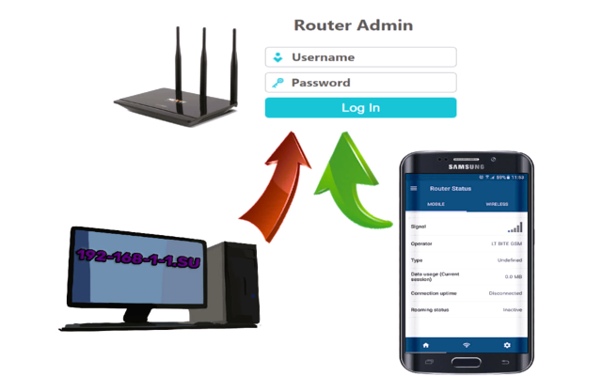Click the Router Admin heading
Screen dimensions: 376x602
pos(353,25)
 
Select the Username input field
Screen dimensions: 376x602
pos(361,57)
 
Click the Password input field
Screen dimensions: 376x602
pos(361,83)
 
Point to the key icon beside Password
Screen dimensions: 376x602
pos(277,83)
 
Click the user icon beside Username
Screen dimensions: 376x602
pos(277,57)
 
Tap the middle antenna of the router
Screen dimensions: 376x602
pos(200,56)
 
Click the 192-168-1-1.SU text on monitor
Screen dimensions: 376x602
pos(138,259)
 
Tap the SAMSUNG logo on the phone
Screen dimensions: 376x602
pos(466,168)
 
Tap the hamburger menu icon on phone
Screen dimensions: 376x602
pos(414,189)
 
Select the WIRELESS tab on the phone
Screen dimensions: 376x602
pos(497,204)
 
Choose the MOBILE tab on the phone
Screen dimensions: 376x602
pos(436,204)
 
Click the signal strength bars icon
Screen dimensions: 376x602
pos(515,227)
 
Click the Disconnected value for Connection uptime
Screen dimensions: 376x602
pos(505,293)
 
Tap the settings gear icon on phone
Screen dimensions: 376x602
pos(508,345)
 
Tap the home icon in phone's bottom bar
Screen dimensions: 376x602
pos(425,345)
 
